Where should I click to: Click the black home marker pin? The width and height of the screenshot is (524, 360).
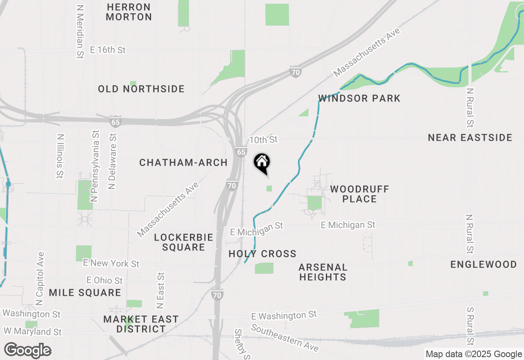tap(262, 163)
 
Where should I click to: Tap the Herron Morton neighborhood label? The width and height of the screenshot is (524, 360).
tap(129, 12)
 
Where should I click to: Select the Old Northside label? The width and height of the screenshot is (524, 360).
tap(141, 89)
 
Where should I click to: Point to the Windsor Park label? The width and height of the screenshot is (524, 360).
tap(359, 98)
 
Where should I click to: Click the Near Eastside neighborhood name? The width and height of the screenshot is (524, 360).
tap(470, 137)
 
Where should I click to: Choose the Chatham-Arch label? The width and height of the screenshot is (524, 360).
tap(183, 162)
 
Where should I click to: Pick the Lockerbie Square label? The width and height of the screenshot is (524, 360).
tap(183, 242)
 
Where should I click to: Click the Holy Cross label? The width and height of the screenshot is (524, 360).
tap(262, 254)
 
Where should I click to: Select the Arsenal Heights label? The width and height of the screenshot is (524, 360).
tap(323, 272)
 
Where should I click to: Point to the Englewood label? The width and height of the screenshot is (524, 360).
tap(483, 264)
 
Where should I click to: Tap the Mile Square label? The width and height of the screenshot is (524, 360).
tap(85, 292)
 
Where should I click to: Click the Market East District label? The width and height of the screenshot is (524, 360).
tap(141, 324)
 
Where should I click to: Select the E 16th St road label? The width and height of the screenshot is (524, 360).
tap(108, 50)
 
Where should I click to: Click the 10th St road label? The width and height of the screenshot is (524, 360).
tap(263, 140)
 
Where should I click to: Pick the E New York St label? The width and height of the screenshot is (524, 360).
tap(111, 263)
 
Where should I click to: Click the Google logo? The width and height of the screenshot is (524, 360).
tap(28, 351)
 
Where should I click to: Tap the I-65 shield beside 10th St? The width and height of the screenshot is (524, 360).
tap(241, 152)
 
